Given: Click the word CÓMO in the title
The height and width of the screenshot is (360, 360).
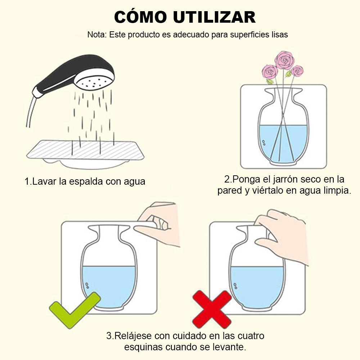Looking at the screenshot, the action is pos(140,17).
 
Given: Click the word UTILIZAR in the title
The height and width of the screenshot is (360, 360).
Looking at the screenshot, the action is pos(215,17).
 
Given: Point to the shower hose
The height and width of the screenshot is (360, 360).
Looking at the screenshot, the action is pos(31,111).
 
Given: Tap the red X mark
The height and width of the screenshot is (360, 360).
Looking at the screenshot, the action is pos(212,309).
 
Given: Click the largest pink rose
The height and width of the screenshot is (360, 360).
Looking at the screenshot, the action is pos(284,60).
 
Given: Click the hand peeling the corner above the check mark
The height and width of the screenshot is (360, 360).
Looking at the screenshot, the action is pos(158,223).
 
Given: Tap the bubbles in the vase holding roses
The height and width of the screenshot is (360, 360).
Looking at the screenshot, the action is pos(264,143).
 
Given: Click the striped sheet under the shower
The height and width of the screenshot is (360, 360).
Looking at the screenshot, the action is pos(85,150).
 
